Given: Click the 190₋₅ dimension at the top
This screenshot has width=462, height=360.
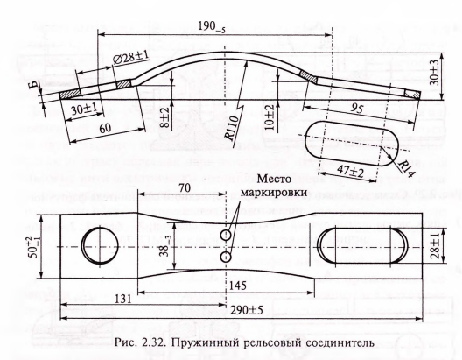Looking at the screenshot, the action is pyautogui.click(x=212, y=27).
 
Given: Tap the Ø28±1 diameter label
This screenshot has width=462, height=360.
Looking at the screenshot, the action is pyautogui.click(x=130, y=58).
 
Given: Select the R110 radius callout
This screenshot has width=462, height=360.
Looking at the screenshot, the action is pyautogui.click(x=231, y=128).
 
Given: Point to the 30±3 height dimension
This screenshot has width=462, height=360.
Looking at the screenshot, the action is pyautogui.click(x=434, y=72).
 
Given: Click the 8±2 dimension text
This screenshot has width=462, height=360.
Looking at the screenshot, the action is pyautogui.click(x=165, y=117).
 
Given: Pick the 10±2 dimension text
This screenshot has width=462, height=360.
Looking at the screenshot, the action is pyautogui.click(x=269, y=117).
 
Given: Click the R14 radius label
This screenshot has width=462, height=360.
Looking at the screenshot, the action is pyautogui.click(x=406, y=169).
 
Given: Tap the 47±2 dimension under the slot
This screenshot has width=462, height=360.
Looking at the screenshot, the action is pyautogui.click(x=350, y=171).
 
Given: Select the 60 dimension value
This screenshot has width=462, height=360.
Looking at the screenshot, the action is pyautogui.click(x=105, y=128).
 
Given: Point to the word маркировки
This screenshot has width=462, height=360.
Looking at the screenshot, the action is pyautogui.click(x=274, y=193).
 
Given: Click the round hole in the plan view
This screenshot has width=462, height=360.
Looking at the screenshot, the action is pyautogui.click(x=100, y=245).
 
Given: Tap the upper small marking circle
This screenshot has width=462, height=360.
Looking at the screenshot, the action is pyautogui.click(x=226, y=236).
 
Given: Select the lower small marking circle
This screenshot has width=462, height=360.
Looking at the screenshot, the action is pyautogui.click(x=226, y=258).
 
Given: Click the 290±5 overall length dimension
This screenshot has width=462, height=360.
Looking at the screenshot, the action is pyautogui.click(x=247, y=310).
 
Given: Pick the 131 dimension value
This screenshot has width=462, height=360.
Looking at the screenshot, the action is pyautogui.click(x=122, y=299).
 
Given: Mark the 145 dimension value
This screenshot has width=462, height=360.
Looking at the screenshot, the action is pyautogui.click(x=237, y=286).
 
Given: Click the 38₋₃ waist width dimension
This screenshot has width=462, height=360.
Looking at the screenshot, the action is pyautogui.click(x=165, y=246).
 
